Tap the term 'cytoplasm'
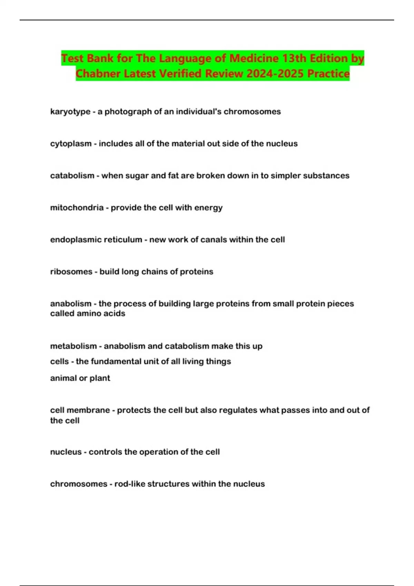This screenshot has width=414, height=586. pyautogui.click(x=71, y=144)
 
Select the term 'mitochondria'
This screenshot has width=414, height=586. pyautogui.click(x=77, y=208)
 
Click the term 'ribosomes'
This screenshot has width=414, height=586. pyautogui.click(x=71, y=272)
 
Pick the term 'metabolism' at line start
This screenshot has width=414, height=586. pyautogui.click(x=73, y=346)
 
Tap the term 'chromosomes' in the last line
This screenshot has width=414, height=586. pyautogui.click(x=79, y=484)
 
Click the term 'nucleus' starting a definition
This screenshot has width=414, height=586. pyautogui.click(x=66, y=452)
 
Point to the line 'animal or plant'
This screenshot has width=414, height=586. pyautogui.click(x=80, y=378)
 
